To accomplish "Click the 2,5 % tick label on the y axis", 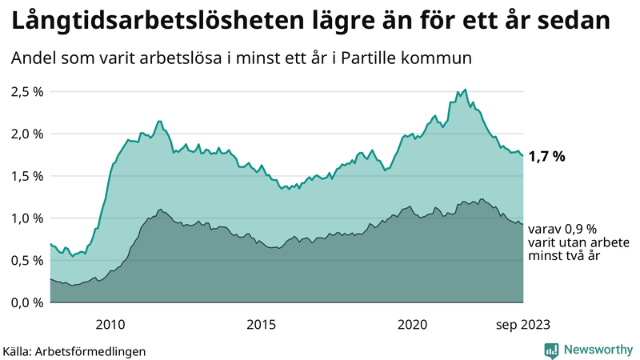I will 26,91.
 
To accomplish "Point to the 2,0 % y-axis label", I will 26,134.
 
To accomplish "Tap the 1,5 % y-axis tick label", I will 26,176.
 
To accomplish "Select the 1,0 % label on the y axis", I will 26,218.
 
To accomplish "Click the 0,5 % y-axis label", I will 26,260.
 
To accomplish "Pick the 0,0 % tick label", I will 26,302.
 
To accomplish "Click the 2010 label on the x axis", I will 110,324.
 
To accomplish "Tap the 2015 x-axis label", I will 262,324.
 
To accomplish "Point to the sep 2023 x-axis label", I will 523,324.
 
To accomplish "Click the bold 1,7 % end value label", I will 548,156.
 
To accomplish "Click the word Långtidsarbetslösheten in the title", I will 150,21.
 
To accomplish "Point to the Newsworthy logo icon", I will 551,350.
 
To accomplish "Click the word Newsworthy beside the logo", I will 598,350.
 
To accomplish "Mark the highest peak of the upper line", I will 466,90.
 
